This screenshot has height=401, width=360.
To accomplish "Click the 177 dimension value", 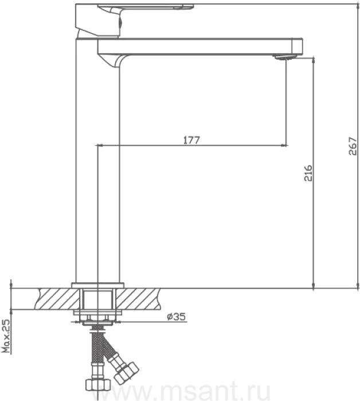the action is (191, 140).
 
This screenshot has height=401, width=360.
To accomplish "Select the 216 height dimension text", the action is (308, 173).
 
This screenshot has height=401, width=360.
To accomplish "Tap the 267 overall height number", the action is (353, 146).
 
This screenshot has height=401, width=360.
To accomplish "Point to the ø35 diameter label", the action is (176, 317).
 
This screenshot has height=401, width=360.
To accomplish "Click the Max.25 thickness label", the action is (6, 336).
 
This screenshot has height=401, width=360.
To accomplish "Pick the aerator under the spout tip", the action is (284, 57).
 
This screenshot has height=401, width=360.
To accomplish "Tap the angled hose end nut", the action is (127, 372).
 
